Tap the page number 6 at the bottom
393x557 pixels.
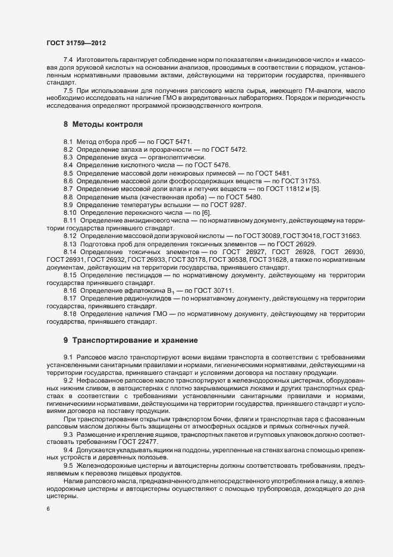coord(48,509)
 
